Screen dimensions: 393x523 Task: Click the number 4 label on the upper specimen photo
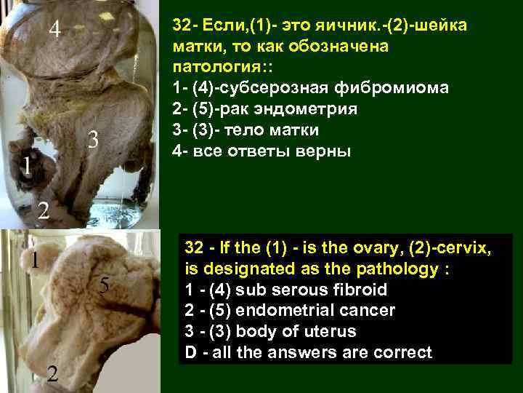pos(55,30)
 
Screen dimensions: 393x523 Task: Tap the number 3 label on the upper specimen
pos(92,138)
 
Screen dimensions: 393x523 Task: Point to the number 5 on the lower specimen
pos(105,286)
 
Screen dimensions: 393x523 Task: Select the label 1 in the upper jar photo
pos(27,167)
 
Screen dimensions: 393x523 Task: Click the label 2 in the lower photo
pos(52,374)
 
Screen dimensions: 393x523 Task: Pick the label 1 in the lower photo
pos(34,259)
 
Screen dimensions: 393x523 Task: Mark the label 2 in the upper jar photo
pos(43,210)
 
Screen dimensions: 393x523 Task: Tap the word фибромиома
pos(401,89)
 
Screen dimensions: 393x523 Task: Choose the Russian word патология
pos(208,68)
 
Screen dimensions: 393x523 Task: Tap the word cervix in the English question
pos(466,248)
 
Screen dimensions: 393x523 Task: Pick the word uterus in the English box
pos(334,332)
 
